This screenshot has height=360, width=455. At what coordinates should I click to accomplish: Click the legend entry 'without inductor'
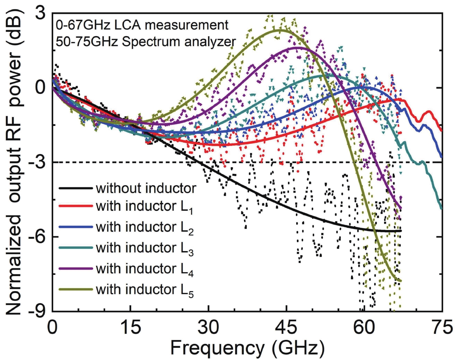[x=146, y=188]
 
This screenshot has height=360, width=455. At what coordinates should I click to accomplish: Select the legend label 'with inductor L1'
[x=144, y=207]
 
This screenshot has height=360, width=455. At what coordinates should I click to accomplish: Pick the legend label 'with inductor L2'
[x=144, y=228]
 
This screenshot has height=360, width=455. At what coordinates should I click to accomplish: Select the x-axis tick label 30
[x=208, y=328]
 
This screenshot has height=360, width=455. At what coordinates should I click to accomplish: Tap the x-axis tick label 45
[x=286, y=328]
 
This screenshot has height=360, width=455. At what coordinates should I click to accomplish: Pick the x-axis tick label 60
[x=364, y=328]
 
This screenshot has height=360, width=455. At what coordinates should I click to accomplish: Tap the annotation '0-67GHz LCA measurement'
[x=142, y=25]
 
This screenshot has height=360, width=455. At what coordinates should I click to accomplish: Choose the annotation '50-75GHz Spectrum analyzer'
[x=146, y=42]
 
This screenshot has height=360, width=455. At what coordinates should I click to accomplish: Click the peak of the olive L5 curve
[x=280, y=30]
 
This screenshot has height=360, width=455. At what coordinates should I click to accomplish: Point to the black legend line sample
[x=76, y=188]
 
